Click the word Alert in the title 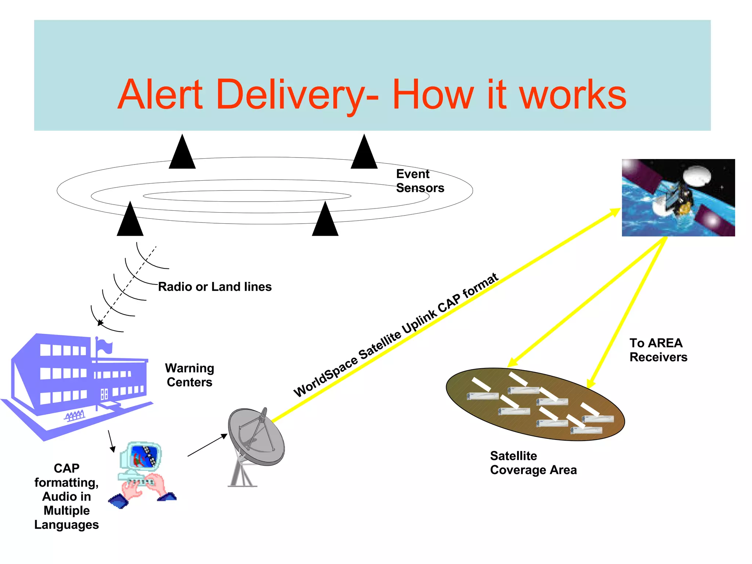pyautogui.click(x=160, y=95)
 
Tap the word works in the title pyautogui.click(x=573, y=95)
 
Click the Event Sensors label pyautogui.click(x=420, y=181)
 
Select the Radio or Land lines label pyautogui.click(x=215, y=286)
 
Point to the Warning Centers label pyautogui.click(x=189, y=375)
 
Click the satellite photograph pyautogui.click(x=678, y=198)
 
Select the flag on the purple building pyautogui.click(x=104, y=345)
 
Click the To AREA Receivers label pyautogui.click(x=658, y=350)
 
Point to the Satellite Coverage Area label pyautogui.click(x=533, y=463)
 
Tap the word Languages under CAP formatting pyautogui.click(x=66, y=525)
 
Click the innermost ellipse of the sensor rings pyautogui.click(x=247, y=191)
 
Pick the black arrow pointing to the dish pyautogui.click(x=208, y=445)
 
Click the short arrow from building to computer pyautogui.click(x=111, y=441)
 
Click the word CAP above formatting pyautogui.click(x=66, y=468)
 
